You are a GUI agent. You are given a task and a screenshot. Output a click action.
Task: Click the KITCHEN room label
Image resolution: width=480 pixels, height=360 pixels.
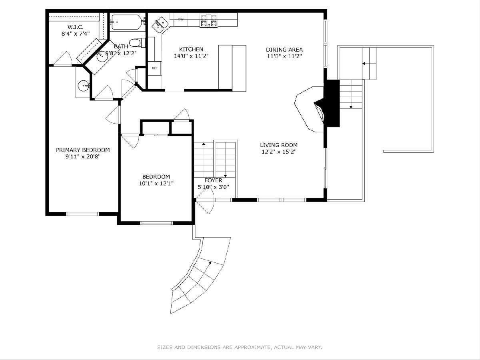click(191, 49)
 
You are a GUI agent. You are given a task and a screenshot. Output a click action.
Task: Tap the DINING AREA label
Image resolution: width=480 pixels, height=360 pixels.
click(284, 50)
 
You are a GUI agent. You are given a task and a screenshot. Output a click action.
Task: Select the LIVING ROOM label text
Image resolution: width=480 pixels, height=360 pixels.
click(279, 145)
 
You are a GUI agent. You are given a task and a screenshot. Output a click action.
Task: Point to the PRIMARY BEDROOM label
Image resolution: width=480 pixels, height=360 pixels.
click(83, 150)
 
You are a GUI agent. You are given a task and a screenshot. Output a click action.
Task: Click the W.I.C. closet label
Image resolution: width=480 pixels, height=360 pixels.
click(76, 27)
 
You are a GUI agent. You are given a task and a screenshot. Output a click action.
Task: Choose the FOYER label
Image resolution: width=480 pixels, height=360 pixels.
click(213, 180)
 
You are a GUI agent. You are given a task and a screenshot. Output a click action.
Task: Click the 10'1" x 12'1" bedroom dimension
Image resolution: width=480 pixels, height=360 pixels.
click(156, 183)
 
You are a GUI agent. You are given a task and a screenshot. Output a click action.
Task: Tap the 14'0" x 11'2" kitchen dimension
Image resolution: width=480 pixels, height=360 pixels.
click(191, 56)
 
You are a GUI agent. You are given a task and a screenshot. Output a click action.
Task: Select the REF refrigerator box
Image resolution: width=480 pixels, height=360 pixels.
click(155, 68)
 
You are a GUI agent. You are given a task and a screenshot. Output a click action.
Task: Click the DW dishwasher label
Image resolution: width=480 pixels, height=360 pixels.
click(181, 19)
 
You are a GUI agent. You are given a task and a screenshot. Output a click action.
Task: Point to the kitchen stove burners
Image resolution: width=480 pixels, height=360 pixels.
click(209, 20)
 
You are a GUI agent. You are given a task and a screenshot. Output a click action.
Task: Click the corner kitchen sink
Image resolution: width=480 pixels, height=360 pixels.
click(160, 25)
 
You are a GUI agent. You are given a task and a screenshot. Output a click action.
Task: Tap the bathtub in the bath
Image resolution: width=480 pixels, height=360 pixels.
click(126, 22)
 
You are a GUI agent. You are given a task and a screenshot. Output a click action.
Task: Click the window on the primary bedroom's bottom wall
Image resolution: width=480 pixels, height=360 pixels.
click(82, 214)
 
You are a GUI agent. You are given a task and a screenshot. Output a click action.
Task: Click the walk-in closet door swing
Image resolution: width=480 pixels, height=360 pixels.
click(62, 58)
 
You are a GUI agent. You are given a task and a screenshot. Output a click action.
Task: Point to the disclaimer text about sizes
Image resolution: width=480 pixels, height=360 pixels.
click(240, 347)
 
